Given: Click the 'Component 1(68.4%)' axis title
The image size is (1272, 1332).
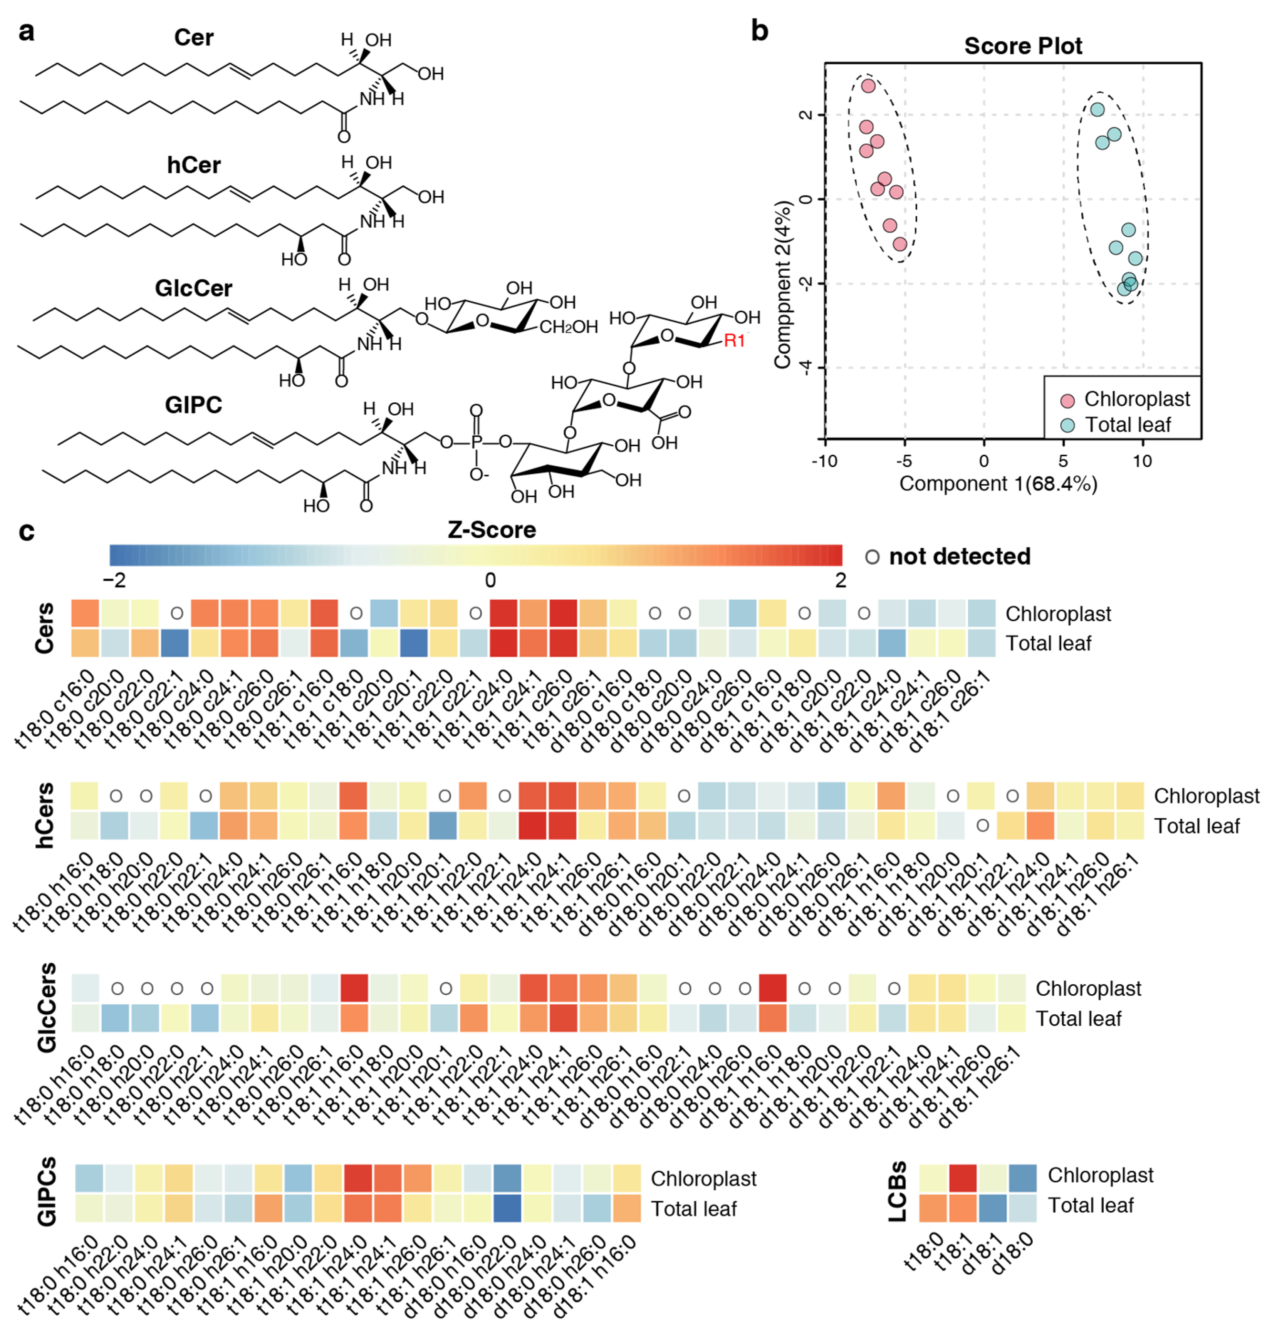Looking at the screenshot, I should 998,484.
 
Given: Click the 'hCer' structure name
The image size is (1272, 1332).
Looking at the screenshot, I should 194,165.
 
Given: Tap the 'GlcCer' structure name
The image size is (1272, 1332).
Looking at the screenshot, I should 193,288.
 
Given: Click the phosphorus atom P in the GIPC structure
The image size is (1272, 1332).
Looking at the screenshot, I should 476,442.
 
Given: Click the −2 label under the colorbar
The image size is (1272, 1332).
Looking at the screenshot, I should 114,580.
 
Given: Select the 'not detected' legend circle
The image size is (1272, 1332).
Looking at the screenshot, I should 872,557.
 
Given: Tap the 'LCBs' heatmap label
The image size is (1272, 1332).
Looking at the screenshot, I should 897,1191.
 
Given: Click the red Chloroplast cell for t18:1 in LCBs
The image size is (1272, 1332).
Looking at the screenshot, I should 963,1178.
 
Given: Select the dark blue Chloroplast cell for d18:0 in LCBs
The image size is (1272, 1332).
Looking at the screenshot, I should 1022,1178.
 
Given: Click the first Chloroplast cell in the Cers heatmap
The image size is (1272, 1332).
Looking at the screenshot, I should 86,613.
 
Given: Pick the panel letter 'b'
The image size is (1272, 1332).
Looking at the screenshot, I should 759,31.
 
